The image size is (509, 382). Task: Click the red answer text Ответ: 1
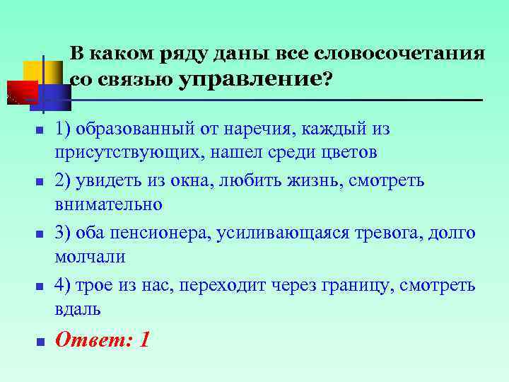coord(103,340)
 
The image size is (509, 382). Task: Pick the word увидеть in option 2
coord(104,180)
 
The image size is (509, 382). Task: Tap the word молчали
coord(90,256)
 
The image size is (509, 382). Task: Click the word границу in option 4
coord(357,285)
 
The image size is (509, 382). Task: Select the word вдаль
coord(78,309)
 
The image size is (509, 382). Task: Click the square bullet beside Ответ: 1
coord(40,341)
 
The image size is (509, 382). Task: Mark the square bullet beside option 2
coord(40,182)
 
